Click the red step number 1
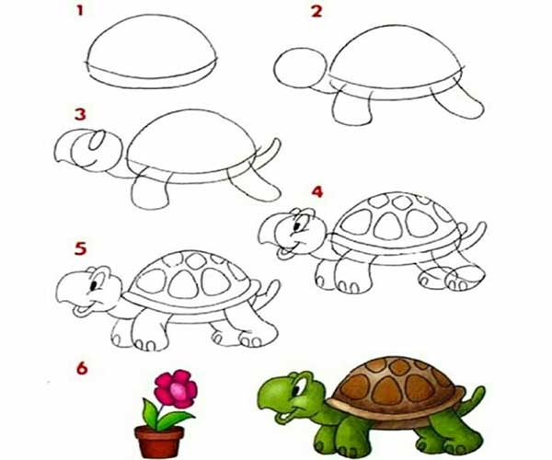click(x=80, y=10)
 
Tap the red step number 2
click(x=316, y=11)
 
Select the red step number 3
click(x=80, y=114)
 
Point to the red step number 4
click(x=317, y=191)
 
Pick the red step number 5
click(x=81, y=248)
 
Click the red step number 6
click(x=82, y=368)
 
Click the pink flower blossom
click(x=176, y=388)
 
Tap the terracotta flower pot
click(x=159, y=442)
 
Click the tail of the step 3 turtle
click(x=271, y=152)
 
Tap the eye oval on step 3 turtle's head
click(x=96, y=140)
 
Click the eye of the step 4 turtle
click(x=298, y=225)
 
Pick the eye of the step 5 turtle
click(x=93, y=284)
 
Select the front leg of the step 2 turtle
click(x=352, y=108)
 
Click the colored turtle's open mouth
click(x=283, y=417)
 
